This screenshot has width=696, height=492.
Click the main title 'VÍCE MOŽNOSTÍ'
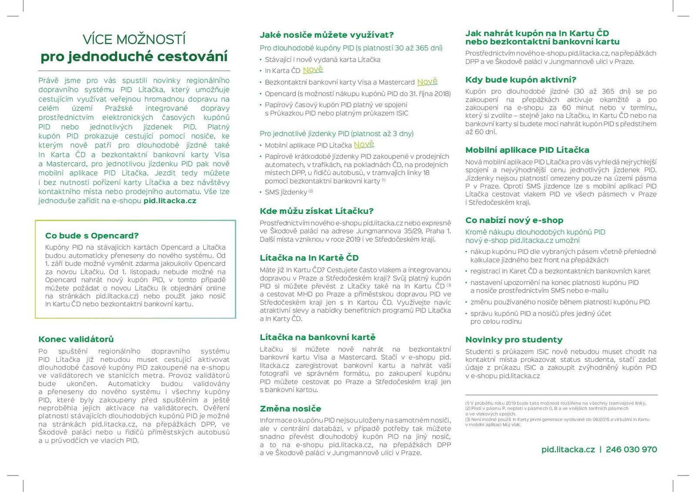point(134,40)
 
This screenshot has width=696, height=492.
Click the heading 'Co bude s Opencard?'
point(92,236)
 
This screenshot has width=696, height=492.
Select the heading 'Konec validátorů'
point(76,339)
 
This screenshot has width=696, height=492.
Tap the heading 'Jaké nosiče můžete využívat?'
point(326,35)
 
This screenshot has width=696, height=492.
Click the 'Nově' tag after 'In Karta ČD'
point(313,70)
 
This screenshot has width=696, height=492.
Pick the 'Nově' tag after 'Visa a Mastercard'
point(427,82)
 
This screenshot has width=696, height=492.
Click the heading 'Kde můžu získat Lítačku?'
point(316,211)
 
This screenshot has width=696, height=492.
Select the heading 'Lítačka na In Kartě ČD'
point(309,258)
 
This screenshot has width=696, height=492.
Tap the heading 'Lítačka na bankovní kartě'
point(317,337)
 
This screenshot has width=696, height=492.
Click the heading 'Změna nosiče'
point(290,408)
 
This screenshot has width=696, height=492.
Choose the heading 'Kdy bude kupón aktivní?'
point(521,80)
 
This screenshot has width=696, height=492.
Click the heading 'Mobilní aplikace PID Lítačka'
point(527,150)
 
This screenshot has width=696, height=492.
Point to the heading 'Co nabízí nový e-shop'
point(514,220)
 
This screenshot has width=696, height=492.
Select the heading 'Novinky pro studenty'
point(514,340)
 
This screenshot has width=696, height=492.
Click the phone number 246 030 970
point(631,449)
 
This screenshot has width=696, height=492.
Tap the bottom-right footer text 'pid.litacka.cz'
point(568,449)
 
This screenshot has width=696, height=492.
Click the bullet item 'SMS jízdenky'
point(286,192)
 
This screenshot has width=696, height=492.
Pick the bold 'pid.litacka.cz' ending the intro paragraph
point(170,201)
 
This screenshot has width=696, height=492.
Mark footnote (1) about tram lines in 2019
point(555,403)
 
